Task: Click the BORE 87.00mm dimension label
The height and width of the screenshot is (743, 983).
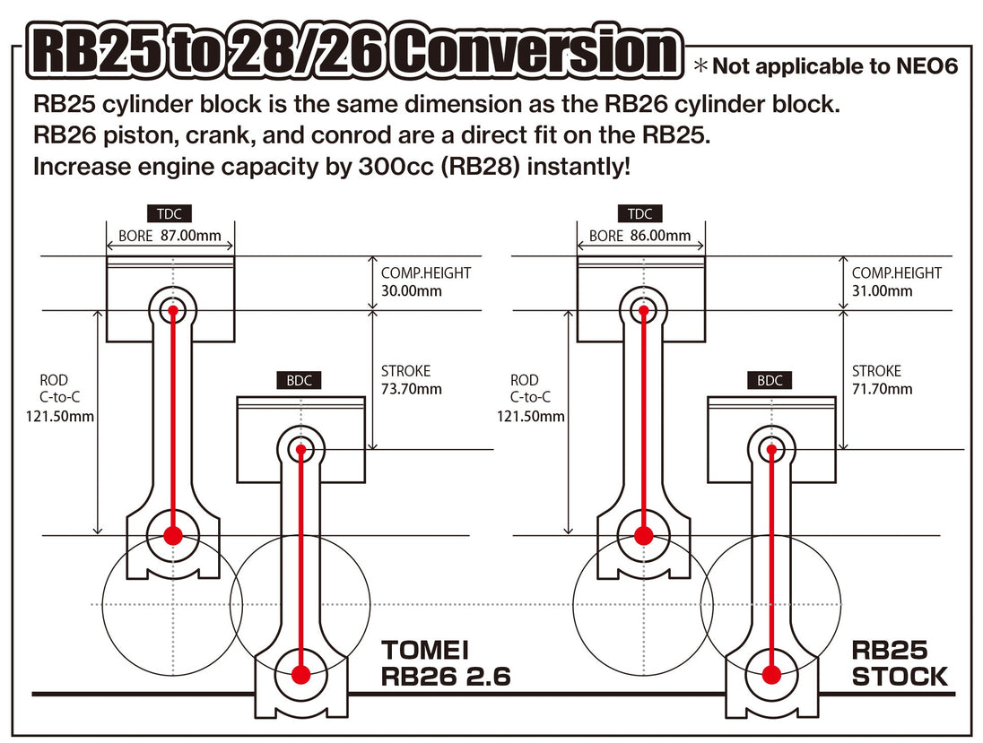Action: pos(170,237)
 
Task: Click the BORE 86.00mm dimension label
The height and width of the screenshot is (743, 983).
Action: pos(640,236)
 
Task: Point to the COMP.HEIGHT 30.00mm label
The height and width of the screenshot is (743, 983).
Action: pos(426,281)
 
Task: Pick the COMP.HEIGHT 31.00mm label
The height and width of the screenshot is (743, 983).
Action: pos(896,281)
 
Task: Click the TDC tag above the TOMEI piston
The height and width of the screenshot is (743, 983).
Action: pos(170,213)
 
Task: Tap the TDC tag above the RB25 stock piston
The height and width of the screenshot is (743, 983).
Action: pos(640,213)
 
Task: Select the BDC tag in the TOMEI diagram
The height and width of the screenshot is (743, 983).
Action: pos(299,380)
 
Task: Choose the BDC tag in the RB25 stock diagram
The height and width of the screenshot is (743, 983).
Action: pos(770,380)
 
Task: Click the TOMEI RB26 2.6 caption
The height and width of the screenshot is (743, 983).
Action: pos(446,663)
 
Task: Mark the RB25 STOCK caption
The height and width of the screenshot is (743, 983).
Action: pos(899,663)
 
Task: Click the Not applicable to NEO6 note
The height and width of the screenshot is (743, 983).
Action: pos(825,65)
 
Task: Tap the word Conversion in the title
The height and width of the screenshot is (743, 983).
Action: pos(535,53)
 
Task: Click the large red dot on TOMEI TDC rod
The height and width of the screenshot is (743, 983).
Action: pos(172,535)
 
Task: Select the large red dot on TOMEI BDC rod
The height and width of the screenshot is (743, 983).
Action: pos(301,673)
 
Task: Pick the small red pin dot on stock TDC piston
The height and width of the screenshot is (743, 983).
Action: pos(643,311)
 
